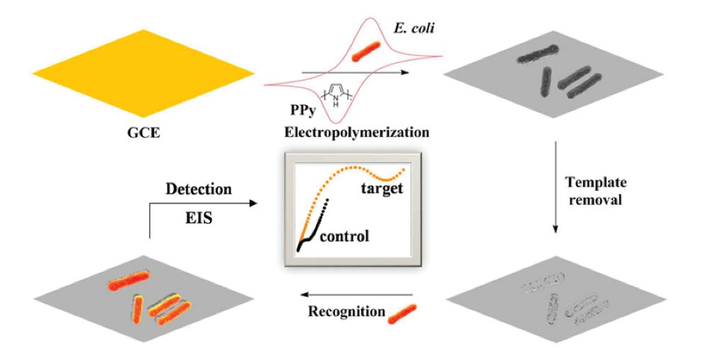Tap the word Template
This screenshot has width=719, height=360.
point(596,183)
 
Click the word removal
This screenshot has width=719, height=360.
point(596,200)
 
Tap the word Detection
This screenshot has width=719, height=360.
point(199,189)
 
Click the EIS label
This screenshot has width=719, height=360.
point(198,221)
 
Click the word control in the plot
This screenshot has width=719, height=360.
point(345,236)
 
